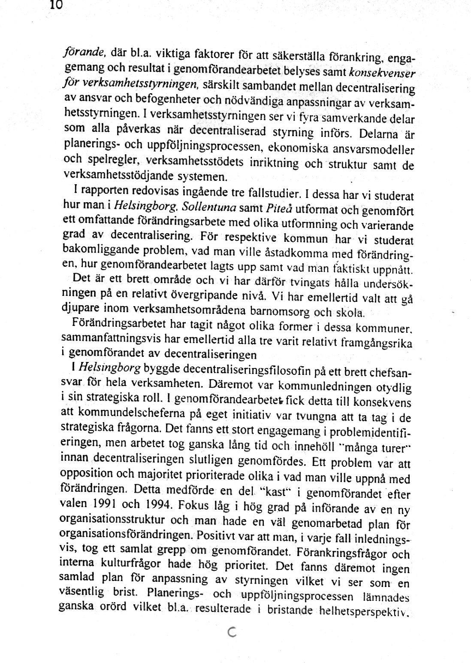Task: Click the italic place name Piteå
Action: coord(273,209)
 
